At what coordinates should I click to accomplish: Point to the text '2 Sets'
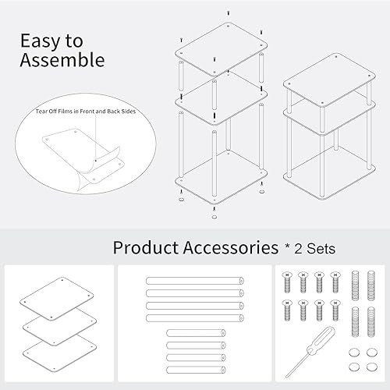coord(316,249)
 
